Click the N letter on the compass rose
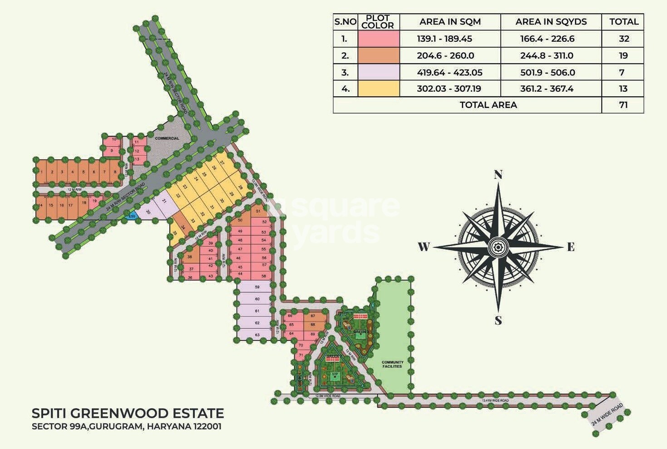(x=498, y=175)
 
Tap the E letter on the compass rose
(x=571, y=247)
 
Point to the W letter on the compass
(x=424, y=247)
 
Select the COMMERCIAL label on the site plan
(x=167, y=138)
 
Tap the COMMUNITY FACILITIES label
(x=392, y=365)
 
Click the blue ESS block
(x=132, y=216)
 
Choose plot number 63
(x=257, y=335)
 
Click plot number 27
(x=222, y=162)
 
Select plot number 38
(x=190, y=257)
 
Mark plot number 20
(x=148, y=212)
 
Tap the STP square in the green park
(x=335, y=375)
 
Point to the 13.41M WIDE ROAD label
(x=495, y=400)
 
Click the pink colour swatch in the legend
(x=379, y=39)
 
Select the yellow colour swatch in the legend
(x=379, y=89)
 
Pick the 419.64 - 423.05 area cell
(x=450, y=72)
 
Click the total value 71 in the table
(x=623, y=105)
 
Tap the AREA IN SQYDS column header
(x=551, y=22)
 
